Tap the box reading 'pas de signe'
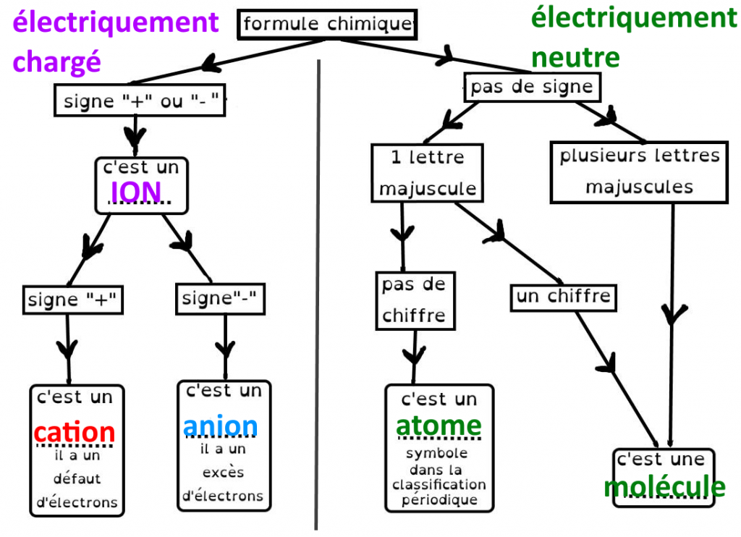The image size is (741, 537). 531,88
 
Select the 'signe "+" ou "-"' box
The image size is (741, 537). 140,101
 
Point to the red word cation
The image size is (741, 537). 75,433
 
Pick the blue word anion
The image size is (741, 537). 220,426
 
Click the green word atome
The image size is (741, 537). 439,426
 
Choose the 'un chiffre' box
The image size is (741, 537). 564,297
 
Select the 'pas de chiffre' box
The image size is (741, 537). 414,300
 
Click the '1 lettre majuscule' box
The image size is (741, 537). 428,172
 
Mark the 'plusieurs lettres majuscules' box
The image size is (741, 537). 640,172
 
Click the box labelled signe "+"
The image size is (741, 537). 72,299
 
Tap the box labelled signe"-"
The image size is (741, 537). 220,298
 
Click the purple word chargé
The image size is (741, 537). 56,62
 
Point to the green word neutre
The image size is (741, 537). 575,56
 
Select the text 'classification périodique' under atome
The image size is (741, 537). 439,491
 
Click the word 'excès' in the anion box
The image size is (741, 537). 223,473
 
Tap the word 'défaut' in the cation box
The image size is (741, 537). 77,479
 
